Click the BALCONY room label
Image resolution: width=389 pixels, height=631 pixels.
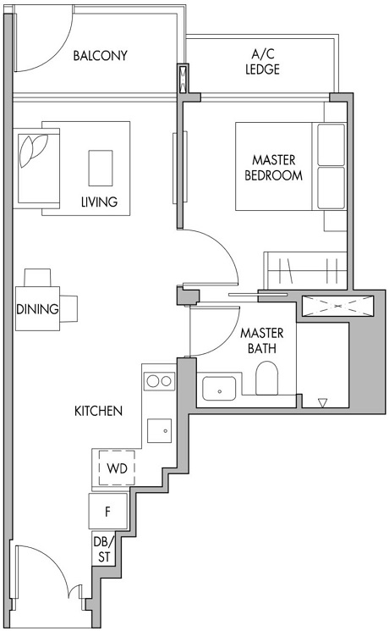coord(100,56)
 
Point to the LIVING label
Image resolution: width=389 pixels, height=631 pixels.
coord(99,202)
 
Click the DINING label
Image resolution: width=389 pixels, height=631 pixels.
coord(37,309)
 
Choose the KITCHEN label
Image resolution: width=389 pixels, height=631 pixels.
coord(99,411)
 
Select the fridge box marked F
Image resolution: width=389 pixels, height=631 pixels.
coord(108,511)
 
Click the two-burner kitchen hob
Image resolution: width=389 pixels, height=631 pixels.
coord(158,381)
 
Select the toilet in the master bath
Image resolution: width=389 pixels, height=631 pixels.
coord(267,380)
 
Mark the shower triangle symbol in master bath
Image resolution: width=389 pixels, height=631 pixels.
coord(321,403)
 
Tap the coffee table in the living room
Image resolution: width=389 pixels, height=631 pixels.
coord(101,166)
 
